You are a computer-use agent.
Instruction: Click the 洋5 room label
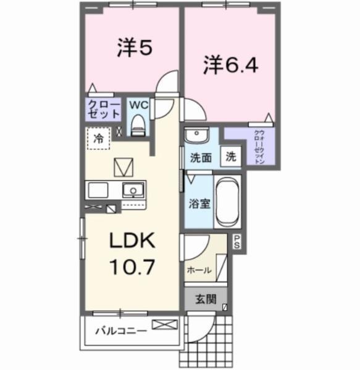[134, 49]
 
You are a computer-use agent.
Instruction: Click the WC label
[137, 104]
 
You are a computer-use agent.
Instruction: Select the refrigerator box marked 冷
[99, 138]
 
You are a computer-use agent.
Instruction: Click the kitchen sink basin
[132, 189]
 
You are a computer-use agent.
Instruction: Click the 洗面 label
[201, 157]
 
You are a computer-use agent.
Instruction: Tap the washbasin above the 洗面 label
[197, 134]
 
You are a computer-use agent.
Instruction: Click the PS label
[238, 244]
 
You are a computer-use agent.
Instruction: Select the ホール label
[199, 269]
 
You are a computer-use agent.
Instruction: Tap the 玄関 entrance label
[206, 300]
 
